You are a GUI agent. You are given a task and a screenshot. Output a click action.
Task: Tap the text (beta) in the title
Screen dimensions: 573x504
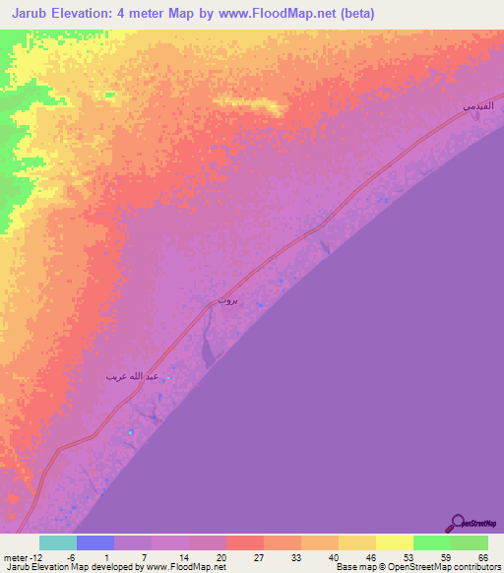click(344, 14)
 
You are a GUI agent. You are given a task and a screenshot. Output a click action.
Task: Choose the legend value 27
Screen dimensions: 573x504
click(258, 557)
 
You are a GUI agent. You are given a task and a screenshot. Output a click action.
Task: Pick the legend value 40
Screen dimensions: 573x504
click(333, 557)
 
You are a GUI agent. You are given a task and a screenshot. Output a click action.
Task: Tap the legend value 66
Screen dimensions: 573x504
click(482, 557)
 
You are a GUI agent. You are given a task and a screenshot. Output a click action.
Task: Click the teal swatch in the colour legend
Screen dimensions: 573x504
click(58, 542)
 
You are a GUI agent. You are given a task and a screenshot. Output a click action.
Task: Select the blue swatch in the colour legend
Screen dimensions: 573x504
click(95, 542)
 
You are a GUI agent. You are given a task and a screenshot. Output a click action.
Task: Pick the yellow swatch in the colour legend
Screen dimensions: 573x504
click(395, 542)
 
